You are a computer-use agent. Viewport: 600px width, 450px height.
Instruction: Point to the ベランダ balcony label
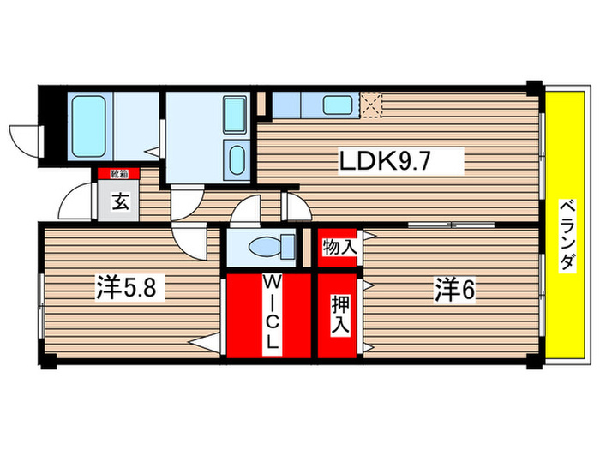[x=567, y=236]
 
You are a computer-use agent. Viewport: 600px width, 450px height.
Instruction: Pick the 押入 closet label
[x=339, y=314]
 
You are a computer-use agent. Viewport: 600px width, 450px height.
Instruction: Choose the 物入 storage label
[x=339, y=248]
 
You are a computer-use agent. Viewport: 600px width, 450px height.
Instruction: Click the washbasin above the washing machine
[x=233, y=112]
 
